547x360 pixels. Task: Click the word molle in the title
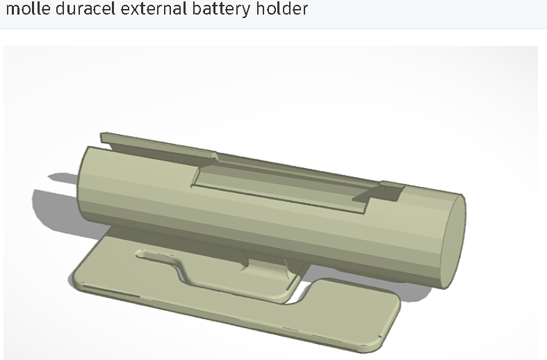[x=26, y=10]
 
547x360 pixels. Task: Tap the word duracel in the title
[x=79, y=10]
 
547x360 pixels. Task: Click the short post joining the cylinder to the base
[x=268, y=268]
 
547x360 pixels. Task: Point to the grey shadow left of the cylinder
[x=56, y=202]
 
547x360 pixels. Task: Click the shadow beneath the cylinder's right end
[x=424, y=292]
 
